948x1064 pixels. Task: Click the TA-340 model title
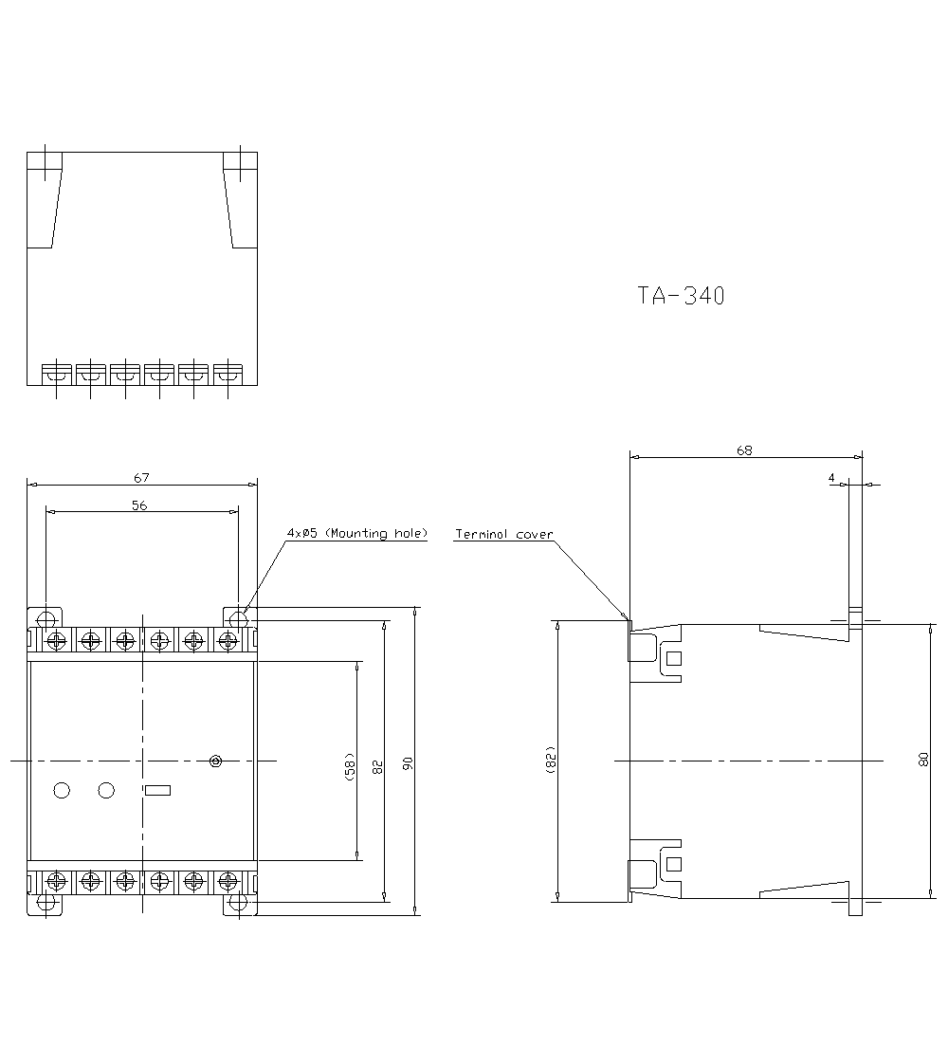[x=681, y=296]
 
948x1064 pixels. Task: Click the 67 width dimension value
[x=141, y=478]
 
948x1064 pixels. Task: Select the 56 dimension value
[x=139, y=505]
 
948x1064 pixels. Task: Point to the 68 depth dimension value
[x=744, y=450]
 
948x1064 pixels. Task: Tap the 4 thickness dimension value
[x=831, y=478]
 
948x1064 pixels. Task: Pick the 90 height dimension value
[x=408, y=763]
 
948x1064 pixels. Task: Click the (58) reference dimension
[x=350, y=767]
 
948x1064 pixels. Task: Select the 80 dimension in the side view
[x=923, y=761]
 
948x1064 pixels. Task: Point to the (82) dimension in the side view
[x=550, y=760]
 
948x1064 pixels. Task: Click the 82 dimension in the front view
[x=378, y=767]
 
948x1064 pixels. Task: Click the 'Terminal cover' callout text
[x=503, y=535]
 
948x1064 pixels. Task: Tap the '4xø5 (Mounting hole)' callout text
[x=357, y=533]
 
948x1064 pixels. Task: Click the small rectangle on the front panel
[x=158, y=790]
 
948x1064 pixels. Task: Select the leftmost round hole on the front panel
[x=62, y=790]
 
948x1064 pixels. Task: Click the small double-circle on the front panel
[x=215, y=761]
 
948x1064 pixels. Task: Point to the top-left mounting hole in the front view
[x=46, y=619]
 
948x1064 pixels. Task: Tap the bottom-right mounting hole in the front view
[x=238, y=902]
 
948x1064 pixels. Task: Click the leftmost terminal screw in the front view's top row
[x=56, y=639]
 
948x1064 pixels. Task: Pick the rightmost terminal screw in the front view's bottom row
[x=228, y=882]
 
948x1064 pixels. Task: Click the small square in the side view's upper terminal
[x=674, y=658]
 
